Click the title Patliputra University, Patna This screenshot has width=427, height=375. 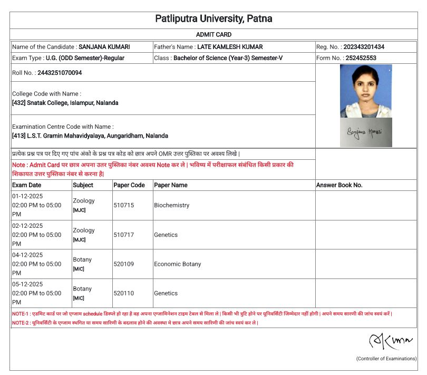[x=213, y=19]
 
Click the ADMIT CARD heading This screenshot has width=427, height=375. [x=213, y=35]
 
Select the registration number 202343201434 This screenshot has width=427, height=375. [x=364, y=47]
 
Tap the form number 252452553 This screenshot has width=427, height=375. [x=361, y=58]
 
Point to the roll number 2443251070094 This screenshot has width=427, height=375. [x=60, y=73]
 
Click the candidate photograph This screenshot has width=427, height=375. [x=365, y=91]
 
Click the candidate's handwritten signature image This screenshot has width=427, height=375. [x=365, y=132]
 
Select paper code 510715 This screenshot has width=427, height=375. [x=124, y=205]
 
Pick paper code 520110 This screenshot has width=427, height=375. [x=124, y=293]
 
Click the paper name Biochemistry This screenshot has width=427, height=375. [x=171, y=205]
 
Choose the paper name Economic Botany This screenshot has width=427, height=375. [x=178, y=264]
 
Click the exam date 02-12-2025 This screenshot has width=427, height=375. [x=27, y=225]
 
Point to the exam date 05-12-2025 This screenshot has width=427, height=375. [x=27, y=284]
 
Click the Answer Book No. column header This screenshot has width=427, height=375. [x=339, y=185]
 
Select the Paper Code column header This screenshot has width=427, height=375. [x=129, y=185]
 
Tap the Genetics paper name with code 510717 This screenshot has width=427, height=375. [x=166, y=235]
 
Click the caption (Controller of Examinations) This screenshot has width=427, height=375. [x=386, y=359]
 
